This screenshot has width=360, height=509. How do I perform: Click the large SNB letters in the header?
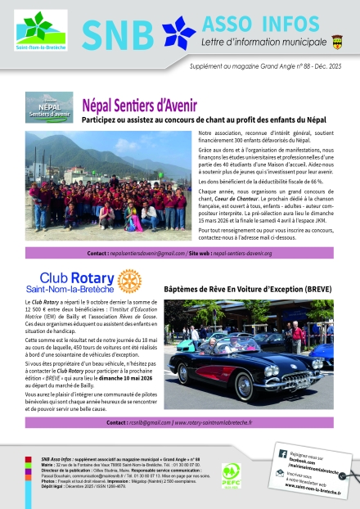pyautogui.click(x=118, y=35)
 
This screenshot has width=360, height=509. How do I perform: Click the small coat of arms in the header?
pyautogui.click(x=338, y=39)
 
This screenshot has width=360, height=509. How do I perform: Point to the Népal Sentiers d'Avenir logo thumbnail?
pyautogui.click(x=50, y=108)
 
